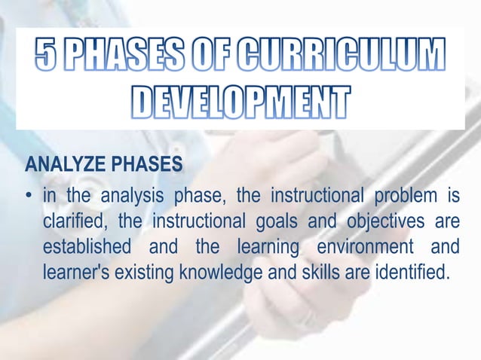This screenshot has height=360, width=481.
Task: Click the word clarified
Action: click(72, 223)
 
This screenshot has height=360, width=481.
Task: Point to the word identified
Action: click(408, 272)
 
